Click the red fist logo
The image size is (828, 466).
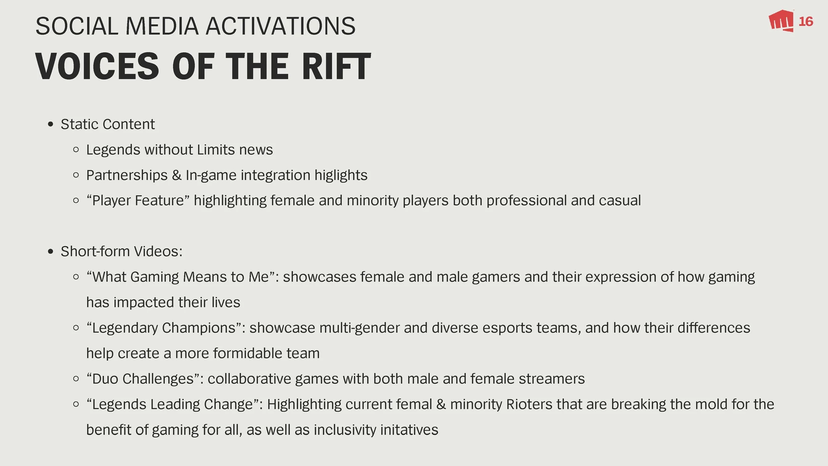[x=781, y=21]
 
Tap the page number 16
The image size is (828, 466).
[x=805, y=22]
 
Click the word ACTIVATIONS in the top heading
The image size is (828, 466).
[x=281, y=26]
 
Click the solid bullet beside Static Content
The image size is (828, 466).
[x=50, y=125]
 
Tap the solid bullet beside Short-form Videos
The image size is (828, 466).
[x=50, y=252]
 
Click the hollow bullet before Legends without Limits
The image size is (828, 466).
[x=76, y=150]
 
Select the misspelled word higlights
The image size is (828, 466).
[x=341, y=175]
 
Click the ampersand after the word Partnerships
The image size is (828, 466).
[x=177, y=175]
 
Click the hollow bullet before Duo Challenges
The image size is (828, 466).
[x=76, y=379]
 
